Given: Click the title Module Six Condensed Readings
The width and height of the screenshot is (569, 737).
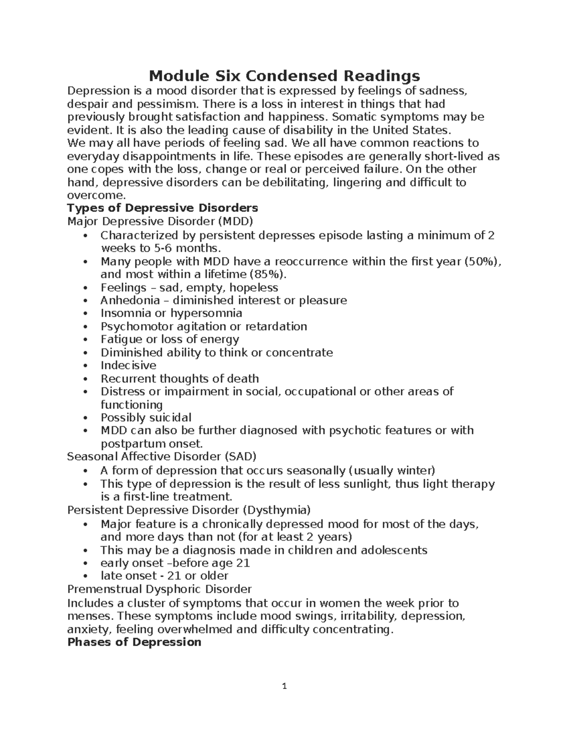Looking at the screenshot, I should pos(284,76).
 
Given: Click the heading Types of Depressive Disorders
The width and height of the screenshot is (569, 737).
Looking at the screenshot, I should pos(163,208).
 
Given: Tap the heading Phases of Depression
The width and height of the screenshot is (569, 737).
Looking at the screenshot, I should pos(134,642).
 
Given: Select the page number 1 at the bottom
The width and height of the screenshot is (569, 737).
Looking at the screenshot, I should pos(284,686).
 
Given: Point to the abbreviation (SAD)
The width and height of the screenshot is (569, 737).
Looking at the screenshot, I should pos(240,457).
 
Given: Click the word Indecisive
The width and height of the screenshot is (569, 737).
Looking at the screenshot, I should pos(128,365).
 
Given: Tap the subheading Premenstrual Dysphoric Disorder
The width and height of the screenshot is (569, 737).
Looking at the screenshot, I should pos(159,589).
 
